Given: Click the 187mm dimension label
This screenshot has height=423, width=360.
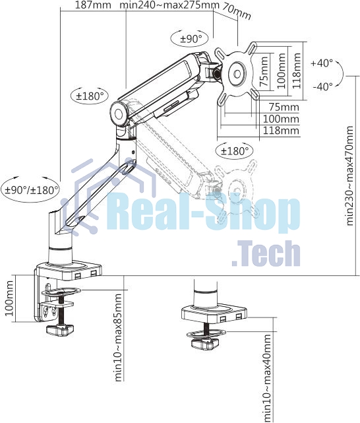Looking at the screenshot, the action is [x=93, y=5].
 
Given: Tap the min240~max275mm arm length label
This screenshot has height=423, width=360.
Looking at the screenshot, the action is [x=169, y=5].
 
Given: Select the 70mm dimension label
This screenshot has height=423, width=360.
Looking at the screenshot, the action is [x=237, y=12].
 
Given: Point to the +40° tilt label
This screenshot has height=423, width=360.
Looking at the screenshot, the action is [x=322, y=63].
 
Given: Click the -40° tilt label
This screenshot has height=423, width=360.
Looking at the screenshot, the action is [x=323, y=87].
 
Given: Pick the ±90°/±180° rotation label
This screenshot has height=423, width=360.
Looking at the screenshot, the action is [x=32, y=190].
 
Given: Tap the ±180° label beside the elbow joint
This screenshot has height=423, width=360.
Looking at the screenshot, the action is [x=90, y=96].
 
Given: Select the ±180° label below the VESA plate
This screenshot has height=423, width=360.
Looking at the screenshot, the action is [x=234, y=151].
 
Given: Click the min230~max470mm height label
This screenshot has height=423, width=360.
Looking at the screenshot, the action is [x=349, y=176].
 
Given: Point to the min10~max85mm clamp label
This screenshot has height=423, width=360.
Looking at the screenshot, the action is [x=118, y=337].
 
